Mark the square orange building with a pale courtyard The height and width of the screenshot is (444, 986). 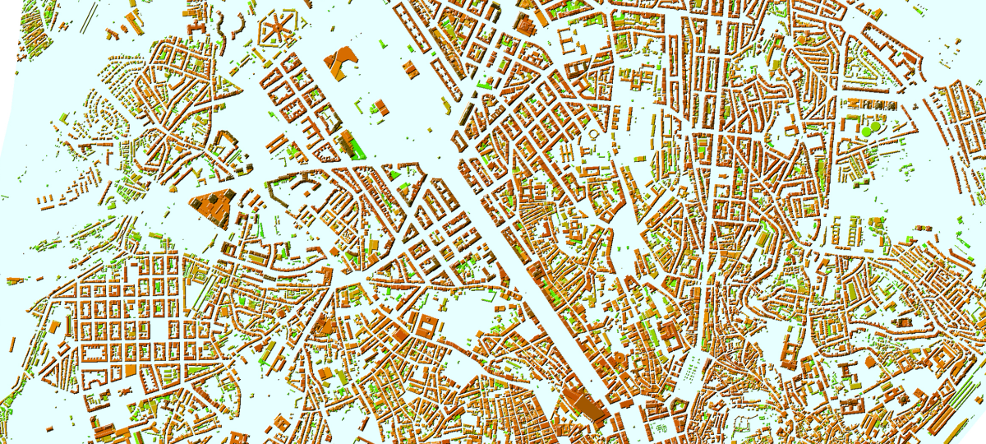coord(426,326)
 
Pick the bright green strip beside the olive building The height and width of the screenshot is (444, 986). coord(356,146)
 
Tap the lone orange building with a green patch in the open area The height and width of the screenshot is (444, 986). coord(380,106)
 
